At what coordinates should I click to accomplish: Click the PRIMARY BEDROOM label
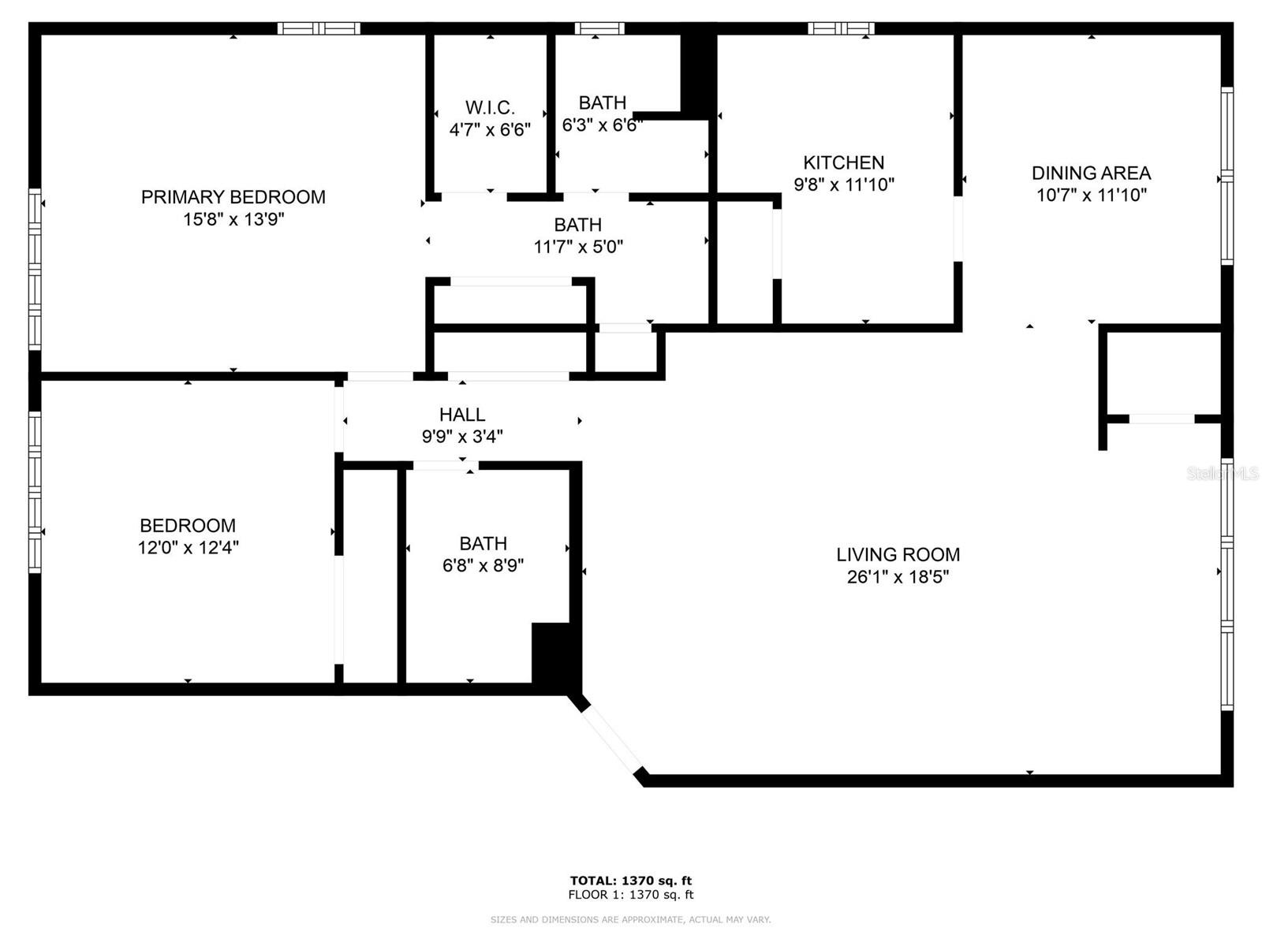pyautogui.click(x=233, y=197)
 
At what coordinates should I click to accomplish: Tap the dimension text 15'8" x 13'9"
pyautogui.click(x=233, y=219)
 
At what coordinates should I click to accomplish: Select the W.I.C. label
pyautogui.click(x=490, y=107)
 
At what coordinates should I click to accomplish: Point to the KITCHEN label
pyautogui.click(x=843, y=162)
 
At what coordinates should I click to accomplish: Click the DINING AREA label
pyautogui.click(x=1091, y=173)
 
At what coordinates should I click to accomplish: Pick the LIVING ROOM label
pyautogui.click(x=898, y=554)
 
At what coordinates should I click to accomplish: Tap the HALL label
pyautogui.click(x=462, y=414)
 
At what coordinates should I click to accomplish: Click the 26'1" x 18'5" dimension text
pyautogui.click(x=898, y=576)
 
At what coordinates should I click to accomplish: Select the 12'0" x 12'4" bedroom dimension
pyautogui.click(x=188, y=547)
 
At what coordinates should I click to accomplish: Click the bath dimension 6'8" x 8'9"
pyautogui.click(x=483, y=565)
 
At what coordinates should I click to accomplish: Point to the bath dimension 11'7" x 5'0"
pyautogui.click(x=578, y=247)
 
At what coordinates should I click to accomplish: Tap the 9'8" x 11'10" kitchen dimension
pyautogui.click(x=843, y=184)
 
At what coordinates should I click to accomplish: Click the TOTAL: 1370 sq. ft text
pyautogui.click(x=631, y=881)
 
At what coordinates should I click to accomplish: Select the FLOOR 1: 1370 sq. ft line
pyautogui.click(x=631, y=895)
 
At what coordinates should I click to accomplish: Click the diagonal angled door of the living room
pyautogui.click(x=612, y=739)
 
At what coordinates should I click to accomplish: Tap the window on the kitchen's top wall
pyautogui.click(x=841, y=29)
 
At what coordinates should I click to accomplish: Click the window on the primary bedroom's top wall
pyautogui.click(x=319, y=29)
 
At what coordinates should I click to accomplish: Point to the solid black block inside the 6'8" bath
pyautogui.click(x=552, y=653)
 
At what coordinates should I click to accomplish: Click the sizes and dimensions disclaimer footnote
pyautogui.click(x=631, y=919)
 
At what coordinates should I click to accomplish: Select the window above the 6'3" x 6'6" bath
pyautogui.click(x=599, y=29)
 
